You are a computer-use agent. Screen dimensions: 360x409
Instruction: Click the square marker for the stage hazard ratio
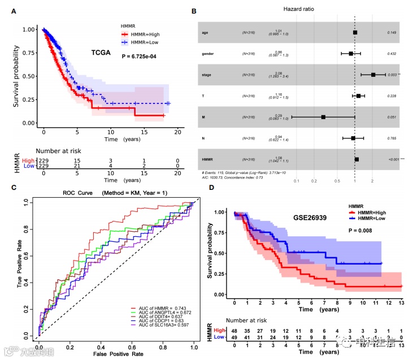click(x=373, y=75)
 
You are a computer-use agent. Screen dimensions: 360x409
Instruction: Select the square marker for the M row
click(x=323, y=117)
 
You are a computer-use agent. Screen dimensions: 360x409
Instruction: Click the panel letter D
click(x=212, y=187)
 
